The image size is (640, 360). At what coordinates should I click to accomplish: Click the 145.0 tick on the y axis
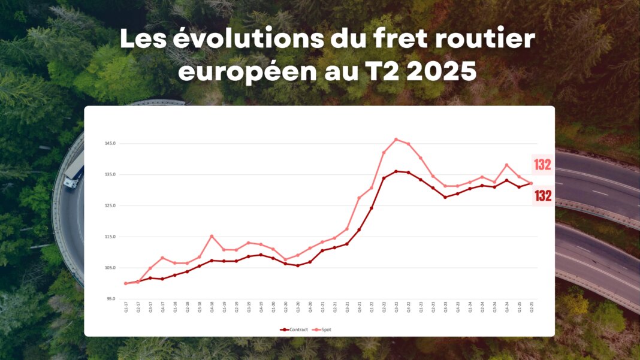[110, 144]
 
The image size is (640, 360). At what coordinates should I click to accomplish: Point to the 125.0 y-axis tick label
[110, 205]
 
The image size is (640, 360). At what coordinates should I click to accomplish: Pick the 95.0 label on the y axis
[111, 298]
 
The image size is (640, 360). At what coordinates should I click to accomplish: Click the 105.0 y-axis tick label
[110, 268]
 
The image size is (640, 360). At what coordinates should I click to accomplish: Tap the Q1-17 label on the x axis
[126, 307]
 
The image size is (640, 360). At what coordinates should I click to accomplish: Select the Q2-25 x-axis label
[531, 307]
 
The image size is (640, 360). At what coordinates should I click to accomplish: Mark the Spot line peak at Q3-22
[396, 140]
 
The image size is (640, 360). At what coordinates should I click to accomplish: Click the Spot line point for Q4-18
[212, 236]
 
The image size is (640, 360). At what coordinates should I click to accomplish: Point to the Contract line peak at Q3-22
[396, 171]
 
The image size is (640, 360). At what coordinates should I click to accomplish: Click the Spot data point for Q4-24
[506, 165]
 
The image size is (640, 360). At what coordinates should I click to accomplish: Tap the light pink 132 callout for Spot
[542, 165]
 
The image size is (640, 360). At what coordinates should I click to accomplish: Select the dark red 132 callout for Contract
[543, 195]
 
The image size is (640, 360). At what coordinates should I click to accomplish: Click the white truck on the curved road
[73, 173]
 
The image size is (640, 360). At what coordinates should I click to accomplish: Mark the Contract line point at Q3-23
[445, 197]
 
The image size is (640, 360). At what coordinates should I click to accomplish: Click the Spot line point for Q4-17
[162, 258]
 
